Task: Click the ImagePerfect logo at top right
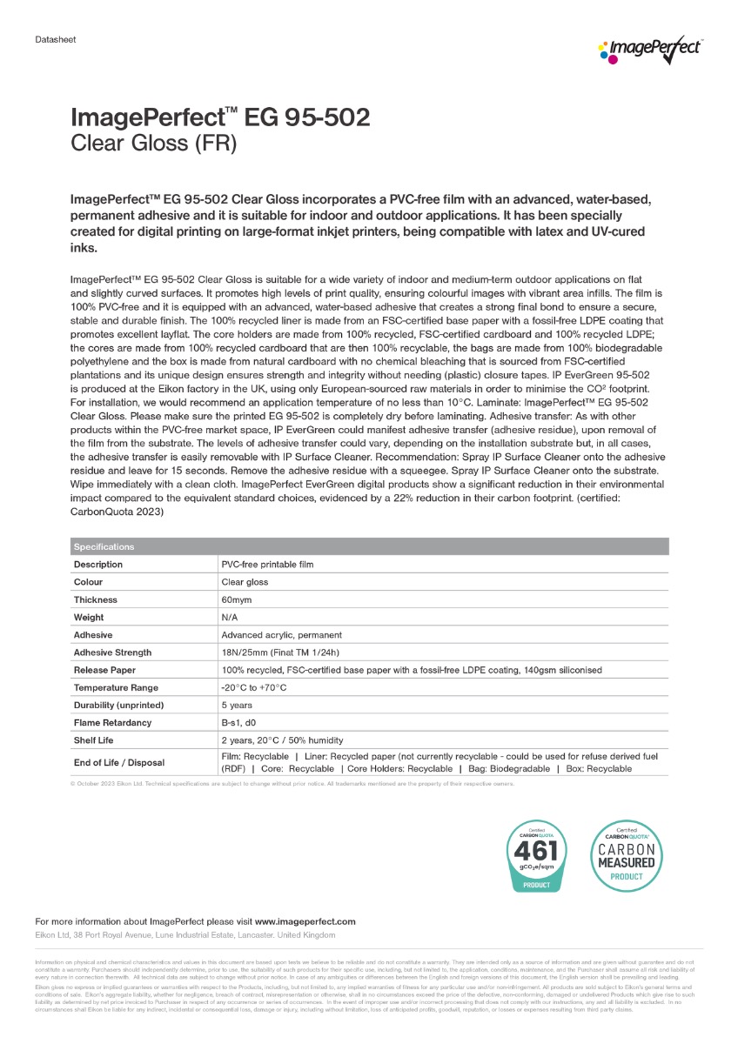(x=651, y=49)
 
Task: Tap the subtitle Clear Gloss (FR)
(x=153, y=144)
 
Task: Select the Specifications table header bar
(x=369, y=546)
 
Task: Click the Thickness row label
(x=96, y=599)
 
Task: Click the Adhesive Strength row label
(x=112, y=652)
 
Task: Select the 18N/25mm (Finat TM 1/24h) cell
(x=280, y=652)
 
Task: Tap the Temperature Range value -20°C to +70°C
(x=254, y=687)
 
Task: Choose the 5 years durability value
(x=238, y=705)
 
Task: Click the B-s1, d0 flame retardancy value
(x=242, y=722)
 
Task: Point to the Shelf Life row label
(x=93, y=740)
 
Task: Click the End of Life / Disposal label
(x=118, y=763)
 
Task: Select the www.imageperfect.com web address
(x=305, y=921)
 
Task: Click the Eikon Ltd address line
(x=184, y=934)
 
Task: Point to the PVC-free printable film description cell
(x=267, y=565)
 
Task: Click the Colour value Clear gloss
(x=245, y=582)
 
